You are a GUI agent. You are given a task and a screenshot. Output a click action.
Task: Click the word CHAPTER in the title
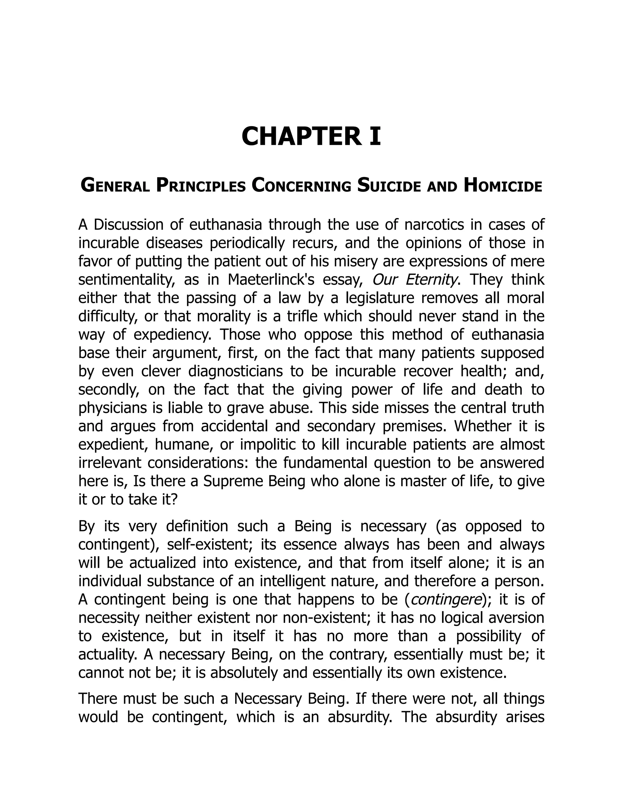pyautogui.click(x=301, y=137)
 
